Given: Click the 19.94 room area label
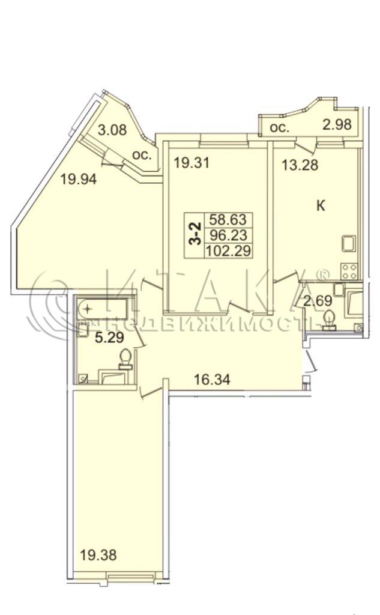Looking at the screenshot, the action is [x=79, y=180].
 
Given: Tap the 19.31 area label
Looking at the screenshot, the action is [x=192, y=162].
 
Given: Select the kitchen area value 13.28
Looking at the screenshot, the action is [x=300, y=165].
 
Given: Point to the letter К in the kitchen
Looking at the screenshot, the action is [x=321, y=205].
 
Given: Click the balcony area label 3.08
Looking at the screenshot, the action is [x=112, y=130].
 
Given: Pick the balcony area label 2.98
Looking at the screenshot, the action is [x=337, y=124].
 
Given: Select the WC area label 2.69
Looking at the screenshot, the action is [x=318, y=301].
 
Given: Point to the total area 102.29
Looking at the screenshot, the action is [x=228, y=250].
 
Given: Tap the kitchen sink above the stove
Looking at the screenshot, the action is [x=349, y=243].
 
